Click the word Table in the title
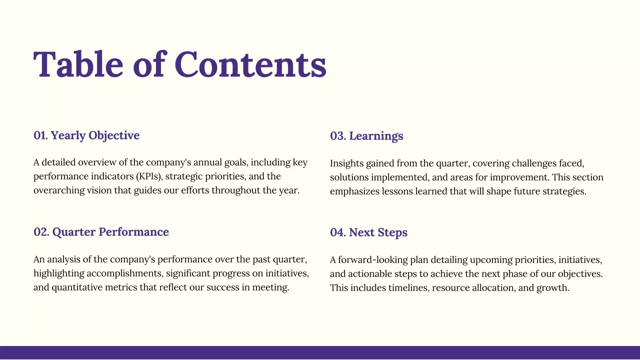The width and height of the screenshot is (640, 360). coord(78,64)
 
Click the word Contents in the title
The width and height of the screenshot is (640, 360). coord(250,64)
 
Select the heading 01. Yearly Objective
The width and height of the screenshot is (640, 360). coord(86,135)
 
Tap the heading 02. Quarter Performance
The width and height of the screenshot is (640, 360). coord(101,232)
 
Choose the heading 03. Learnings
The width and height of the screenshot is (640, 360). coord(366,136)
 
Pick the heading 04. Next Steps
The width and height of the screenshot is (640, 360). coord(368,232)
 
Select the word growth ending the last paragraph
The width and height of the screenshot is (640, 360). coord(553,288)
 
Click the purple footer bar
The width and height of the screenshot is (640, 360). coord(320,352)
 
